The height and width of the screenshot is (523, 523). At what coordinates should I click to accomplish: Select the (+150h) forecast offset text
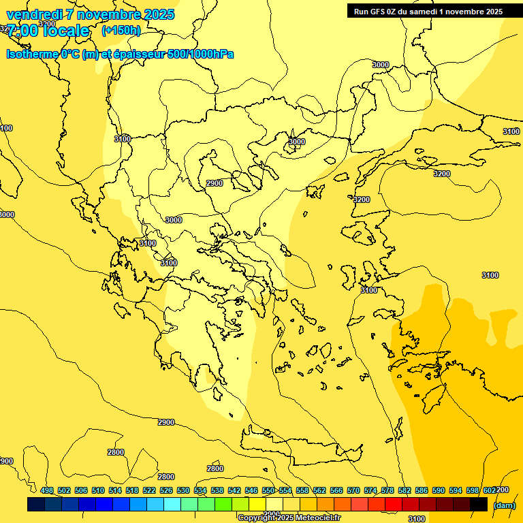point(121,31)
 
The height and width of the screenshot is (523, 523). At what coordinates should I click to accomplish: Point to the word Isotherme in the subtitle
point(32,54)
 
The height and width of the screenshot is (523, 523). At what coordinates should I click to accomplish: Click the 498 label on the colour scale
point(46,490)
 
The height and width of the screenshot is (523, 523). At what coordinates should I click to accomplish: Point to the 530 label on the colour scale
point(183,490)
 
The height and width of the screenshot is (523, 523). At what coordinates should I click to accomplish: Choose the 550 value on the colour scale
point(268,490)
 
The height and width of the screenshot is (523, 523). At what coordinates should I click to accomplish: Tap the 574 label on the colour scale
point(370,490)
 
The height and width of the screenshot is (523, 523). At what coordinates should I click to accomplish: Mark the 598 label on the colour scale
point(473,490)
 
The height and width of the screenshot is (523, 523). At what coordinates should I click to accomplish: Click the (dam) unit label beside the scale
point(504,505)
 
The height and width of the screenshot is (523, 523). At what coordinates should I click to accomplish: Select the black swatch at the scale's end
point(479,504)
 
